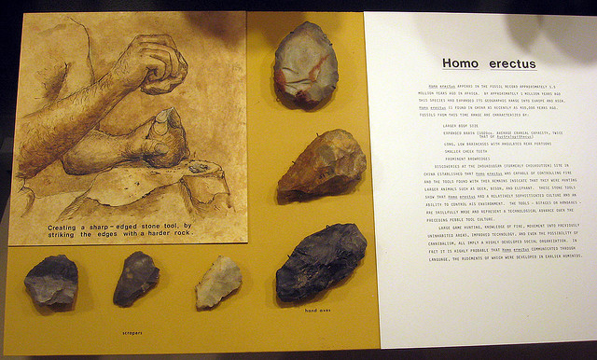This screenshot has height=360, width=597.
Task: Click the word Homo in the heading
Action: (459, 63)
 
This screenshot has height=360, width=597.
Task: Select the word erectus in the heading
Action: (509, 63)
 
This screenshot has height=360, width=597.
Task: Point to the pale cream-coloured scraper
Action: (216, 281)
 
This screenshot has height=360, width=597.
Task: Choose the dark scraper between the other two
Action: (135, 278)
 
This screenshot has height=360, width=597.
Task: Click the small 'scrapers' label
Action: (130, 331)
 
